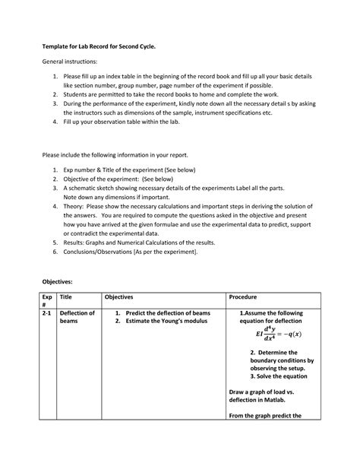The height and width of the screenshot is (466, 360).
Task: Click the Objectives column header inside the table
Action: coord(120,297)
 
